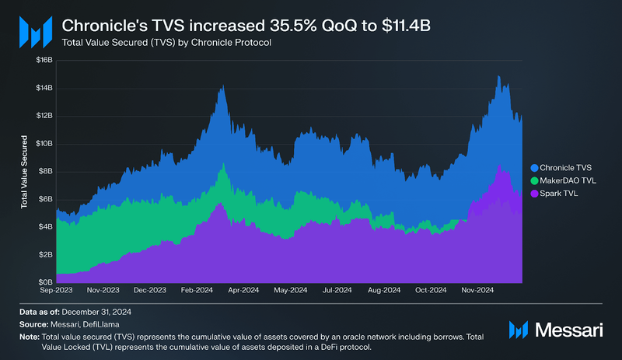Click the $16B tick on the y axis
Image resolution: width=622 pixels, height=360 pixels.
click(x=44, y=60)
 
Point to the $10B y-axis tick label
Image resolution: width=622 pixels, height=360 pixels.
click(x=44, y=143)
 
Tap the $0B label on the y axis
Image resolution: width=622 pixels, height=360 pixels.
click(x=45, y=282)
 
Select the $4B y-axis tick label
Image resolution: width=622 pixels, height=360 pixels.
click(x=45, y=226)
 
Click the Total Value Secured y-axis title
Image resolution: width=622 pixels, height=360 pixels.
click(x=25, y=173)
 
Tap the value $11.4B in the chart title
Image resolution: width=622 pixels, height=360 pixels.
click(x=407, y=26)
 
